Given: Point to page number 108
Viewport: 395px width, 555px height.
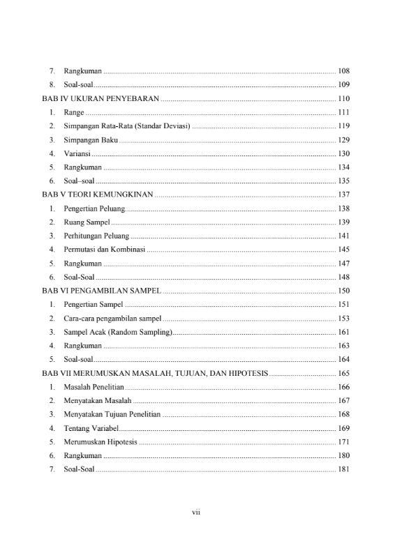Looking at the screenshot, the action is coord(343,71).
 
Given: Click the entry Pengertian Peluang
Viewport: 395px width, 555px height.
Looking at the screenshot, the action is coord(94,208).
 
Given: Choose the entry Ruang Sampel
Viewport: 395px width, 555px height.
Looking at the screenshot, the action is coord(87,222).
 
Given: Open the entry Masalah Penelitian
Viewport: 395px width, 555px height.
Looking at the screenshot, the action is coord(95,387).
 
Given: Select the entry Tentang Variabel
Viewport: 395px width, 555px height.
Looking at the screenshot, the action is coord(91,428).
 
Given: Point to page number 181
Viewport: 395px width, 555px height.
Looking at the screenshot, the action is coord(343,469).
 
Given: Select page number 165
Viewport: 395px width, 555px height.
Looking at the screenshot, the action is coord(343,374).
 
